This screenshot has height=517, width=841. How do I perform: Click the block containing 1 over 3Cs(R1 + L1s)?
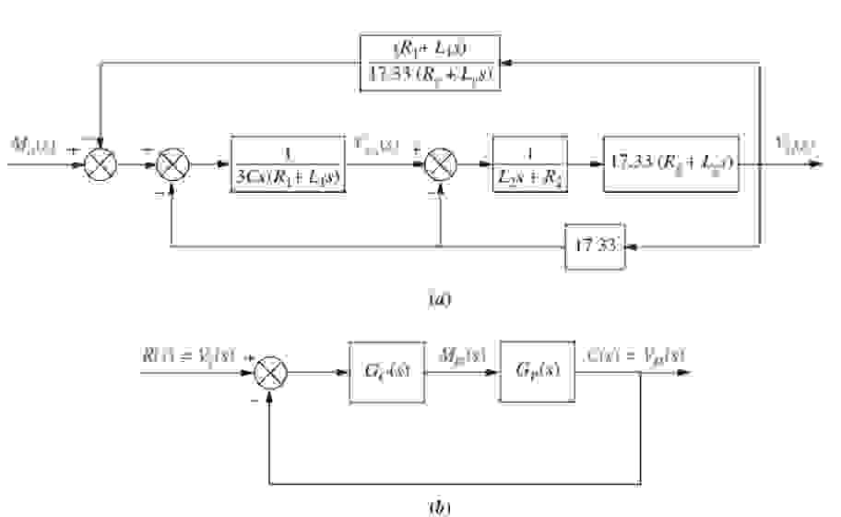click(x=289, y=165)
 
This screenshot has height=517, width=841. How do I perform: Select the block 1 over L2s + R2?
click(x=529, y=165)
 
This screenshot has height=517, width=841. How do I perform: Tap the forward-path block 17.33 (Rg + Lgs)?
click(x=670, y=165)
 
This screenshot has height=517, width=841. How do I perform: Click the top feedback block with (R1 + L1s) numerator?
click(x=430, y=62)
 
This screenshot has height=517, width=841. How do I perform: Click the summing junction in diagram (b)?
click(x=270, y=373)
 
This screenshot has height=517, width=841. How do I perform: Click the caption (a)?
click(x=439, y=299)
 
